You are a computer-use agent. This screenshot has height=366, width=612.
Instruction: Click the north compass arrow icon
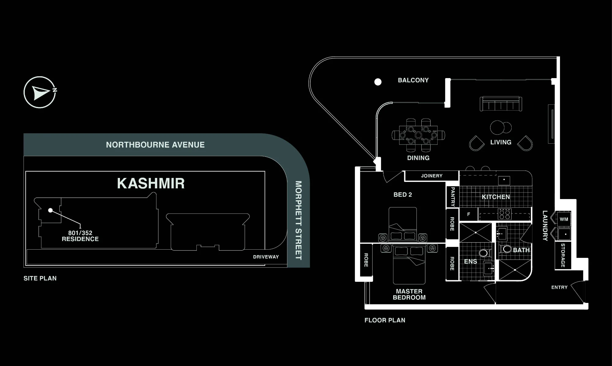click(40, 92)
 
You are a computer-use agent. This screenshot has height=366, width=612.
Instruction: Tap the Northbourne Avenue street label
click(155, 145)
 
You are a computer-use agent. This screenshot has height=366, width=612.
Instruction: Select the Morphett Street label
click(298, 220)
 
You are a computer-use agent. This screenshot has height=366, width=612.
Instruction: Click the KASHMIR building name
click(151, 183)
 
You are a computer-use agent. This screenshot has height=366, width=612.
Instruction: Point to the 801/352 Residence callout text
click(80, 236)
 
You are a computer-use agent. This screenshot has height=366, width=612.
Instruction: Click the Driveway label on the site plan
click(266, 257)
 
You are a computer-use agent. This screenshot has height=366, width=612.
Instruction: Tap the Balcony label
click(413, 80)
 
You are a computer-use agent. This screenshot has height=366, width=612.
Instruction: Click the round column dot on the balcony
click(378, 82)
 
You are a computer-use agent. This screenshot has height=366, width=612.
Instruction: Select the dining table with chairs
click(418, 135)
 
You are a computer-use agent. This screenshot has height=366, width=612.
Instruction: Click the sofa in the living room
click(501, 104)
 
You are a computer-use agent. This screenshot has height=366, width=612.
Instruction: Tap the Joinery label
click(432, 176)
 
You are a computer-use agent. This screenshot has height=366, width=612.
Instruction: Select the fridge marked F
click(468, 214)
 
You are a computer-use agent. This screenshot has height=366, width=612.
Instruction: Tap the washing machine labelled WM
click(564, 219)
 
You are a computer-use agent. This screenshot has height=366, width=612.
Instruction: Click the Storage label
click(563, 255)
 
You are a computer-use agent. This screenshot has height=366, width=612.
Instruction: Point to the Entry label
click(559, 287)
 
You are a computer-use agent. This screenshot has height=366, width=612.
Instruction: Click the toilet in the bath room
click(506, 249)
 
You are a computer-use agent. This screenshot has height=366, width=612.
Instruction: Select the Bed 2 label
click(403, 195)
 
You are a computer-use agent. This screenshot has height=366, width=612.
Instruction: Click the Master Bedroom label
click(409, 294)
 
